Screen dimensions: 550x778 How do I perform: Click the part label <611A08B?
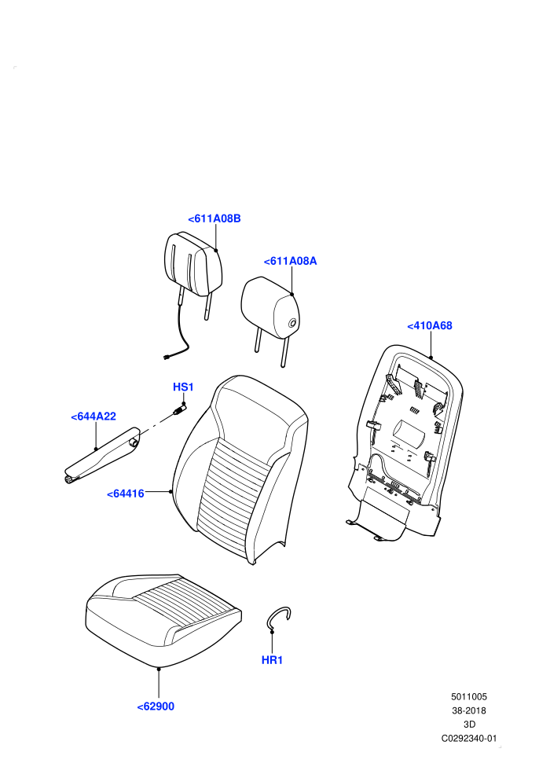tap(214, 218)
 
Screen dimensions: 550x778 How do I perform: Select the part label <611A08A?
tap(290, 262)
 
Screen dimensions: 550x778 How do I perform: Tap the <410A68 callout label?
tap(430, 326)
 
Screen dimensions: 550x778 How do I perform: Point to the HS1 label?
tap(183, 387)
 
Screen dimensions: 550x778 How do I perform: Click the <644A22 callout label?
tap(93, 417)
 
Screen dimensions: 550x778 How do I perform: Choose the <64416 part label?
tap(126, 494)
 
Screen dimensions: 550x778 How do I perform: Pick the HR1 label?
tap(272, 660)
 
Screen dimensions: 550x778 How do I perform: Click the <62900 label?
tap(156, 706)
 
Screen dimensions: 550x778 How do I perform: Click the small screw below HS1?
tap(179, 410)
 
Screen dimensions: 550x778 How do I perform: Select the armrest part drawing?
tap(101, 456)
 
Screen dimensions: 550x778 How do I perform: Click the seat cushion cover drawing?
tap(163, 620)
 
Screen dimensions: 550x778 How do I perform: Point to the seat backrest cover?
tap(240, 469)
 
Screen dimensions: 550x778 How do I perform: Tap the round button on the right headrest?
tap(293, 324)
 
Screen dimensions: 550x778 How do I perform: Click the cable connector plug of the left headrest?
tap(167, 356)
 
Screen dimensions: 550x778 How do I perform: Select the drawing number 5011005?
tap(468, 697)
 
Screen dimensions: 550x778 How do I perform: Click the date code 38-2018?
tap(468, 711)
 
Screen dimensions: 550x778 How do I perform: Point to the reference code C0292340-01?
tap(468, 739)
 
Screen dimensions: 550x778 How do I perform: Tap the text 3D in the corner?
tap(468, 725)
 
